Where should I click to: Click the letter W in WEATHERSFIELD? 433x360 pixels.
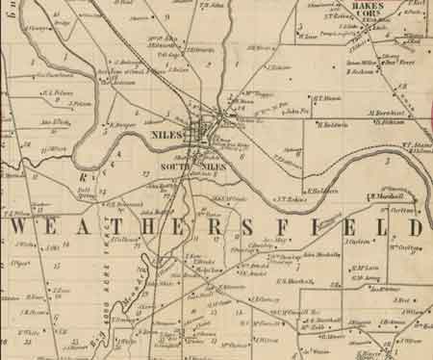25,228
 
